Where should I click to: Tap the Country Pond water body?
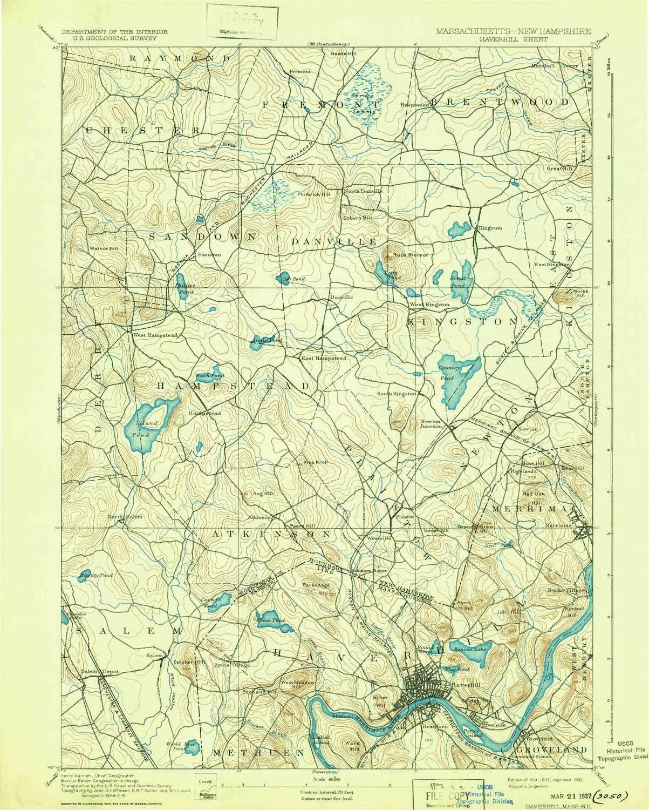tap(456, 378)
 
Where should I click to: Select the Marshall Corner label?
tap(559, 65)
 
